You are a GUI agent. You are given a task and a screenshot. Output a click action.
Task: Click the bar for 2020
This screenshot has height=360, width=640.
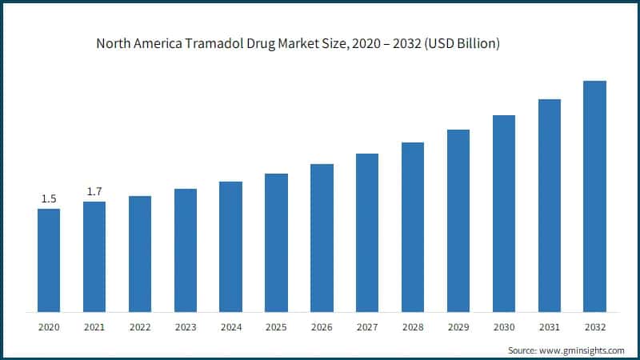click(49, 260)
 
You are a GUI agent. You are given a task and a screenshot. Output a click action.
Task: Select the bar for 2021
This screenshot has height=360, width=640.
click(94, 257)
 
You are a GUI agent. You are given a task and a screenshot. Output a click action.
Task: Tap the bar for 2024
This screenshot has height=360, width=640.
click(230, 246)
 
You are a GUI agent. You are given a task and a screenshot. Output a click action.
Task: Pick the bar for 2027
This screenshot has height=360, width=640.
click(367, 233)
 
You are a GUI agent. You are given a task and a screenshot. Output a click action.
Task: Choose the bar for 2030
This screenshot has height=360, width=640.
click(503, 214)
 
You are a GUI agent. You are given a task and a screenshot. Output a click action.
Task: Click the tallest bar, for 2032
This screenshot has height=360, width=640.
click(594, 196)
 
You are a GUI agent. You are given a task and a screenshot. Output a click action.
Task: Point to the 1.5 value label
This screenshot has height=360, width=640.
click(49, 199)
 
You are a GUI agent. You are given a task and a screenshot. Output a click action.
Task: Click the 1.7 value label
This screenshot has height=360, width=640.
click(94, 192)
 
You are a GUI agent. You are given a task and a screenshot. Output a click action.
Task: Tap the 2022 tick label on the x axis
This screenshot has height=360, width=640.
click(140, 328)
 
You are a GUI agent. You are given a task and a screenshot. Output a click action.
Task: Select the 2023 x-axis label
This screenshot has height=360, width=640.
click(186, 328)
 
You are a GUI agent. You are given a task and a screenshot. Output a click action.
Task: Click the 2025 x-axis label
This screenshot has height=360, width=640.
click(276, 328)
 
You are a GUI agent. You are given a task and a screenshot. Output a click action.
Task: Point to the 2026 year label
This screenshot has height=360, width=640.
click(322, 328)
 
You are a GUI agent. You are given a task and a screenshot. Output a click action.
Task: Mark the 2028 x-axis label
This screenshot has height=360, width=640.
click(413, 328)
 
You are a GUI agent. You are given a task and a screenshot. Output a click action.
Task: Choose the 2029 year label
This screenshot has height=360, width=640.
click(458, 328)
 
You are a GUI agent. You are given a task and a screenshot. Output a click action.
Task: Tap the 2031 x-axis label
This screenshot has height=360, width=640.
click(549, 328)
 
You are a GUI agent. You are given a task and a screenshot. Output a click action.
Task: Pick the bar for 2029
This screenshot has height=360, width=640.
click(458, 221)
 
